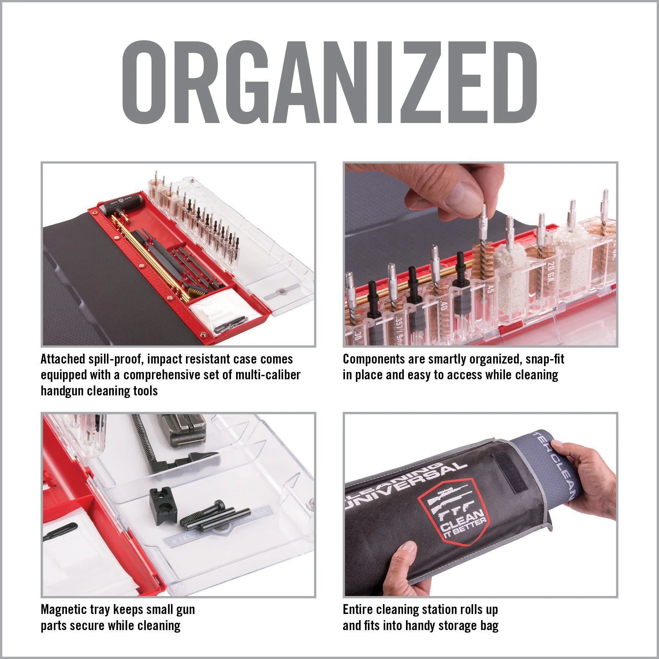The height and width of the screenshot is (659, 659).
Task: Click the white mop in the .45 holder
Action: coord(511,265)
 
